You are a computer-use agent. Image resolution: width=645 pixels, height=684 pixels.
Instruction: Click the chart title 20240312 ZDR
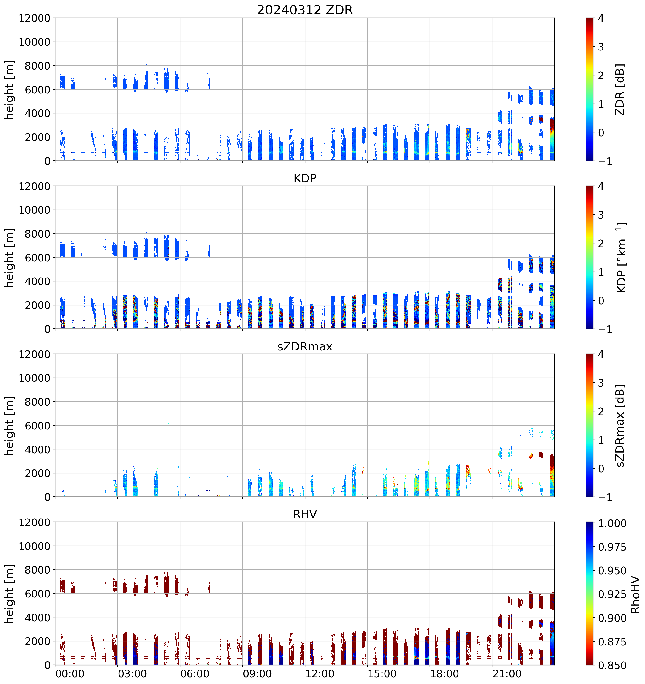[305, 10]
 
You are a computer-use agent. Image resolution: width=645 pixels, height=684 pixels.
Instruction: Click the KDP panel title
[305, 178]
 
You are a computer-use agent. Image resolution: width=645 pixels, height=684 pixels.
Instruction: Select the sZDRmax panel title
[305, 346]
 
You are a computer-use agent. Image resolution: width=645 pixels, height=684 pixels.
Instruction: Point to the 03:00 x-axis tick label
[132, 673]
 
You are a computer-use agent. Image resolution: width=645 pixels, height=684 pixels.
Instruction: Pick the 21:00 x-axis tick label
[507, 673]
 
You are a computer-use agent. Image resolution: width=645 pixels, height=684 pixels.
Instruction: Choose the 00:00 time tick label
[70, 673]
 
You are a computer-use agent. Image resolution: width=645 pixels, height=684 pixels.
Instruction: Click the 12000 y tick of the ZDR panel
[34, 18]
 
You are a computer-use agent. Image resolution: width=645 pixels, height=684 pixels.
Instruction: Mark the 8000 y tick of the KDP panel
[37, 234]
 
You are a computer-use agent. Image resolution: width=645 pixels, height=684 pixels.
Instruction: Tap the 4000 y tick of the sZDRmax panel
[37, 449]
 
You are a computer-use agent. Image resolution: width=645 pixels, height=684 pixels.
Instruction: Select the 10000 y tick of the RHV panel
[34, 546]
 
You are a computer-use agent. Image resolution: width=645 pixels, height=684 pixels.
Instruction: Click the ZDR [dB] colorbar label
[620, 90]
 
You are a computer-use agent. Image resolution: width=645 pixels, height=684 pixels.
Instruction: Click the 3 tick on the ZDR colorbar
[601, 47]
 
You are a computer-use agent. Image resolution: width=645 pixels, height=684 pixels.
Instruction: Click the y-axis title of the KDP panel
[10, 257]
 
